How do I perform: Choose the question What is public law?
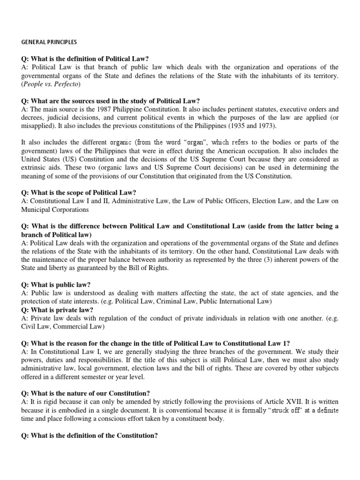(x=56, y=285)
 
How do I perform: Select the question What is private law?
(x=57, y=310)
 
